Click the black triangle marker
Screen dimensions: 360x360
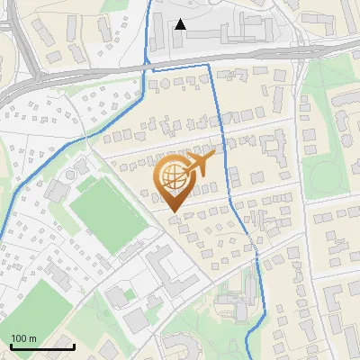(180, 24)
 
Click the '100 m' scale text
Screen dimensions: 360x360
(23, 338)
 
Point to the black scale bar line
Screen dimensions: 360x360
(42, 346)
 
